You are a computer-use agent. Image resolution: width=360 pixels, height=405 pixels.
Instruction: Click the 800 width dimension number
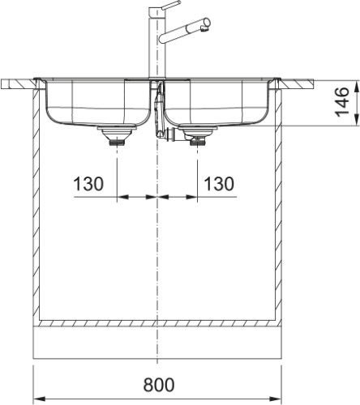tap(159, 385)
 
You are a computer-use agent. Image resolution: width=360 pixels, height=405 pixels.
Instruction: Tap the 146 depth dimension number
tap(341, 102)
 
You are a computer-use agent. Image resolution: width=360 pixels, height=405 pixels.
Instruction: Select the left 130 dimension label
tap(88, 184)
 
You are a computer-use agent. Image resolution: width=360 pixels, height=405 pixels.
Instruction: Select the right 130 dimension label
tap(219, 184)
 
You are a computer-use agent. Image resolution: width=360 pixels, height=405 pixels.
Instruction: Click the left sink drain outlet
tap(117, 136)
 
